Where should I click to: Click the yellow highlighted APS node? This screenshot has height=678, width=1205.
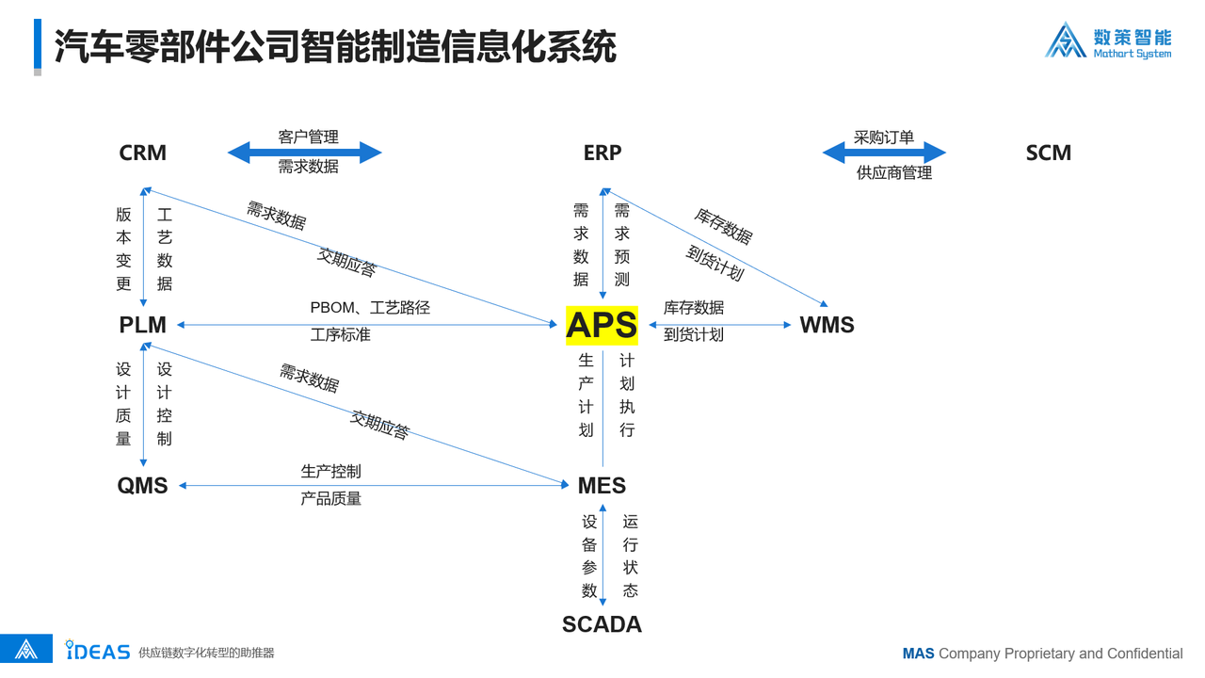coord(602,325)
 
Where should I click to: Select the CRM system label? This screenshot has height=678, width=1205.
coord(142,153)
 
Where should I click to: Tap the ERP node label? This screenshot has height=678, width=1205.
coord(602,153)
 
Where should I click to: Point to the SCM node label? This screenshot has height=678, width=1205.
coord(1049,153)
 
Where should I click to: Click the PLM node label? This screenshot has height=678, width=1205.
coord(142,325)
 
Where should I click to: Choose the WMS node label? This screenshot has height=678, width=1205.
coord(827,325)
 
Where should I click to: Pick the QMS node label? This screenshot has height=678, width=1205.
coord(142,485)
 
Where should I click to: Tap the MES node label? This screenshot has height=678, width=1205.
coord(602,485)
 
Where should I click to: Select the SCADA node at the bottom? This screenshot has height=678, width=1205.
coord(602,624)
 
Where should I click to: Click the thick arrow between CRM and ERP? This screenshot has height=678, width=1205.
coord(304,153)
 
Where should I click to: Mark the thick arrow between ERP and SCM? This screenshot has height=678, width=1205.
coord(884,153)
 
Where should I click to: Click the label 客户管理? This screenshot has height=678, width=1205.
coord(308,137)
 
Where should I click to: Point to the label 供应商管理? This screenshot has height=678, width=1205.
coord(894,172)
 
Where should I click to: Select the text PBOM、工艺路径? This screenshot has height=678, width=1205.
coord(370,308)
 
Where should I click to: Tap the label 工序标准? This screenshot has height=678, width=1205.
coord(341,335)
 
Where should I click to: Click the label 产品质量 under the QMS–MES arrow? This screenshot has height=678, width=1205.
coord(330,499)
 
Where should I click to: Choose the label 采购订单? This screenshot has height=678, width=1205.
coord(884,137)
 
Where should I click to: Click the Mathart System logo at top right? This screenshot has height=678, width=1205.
coord(1108,40)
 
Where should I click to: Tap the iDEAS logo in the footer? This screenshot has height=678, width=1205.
coord(97,651)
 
